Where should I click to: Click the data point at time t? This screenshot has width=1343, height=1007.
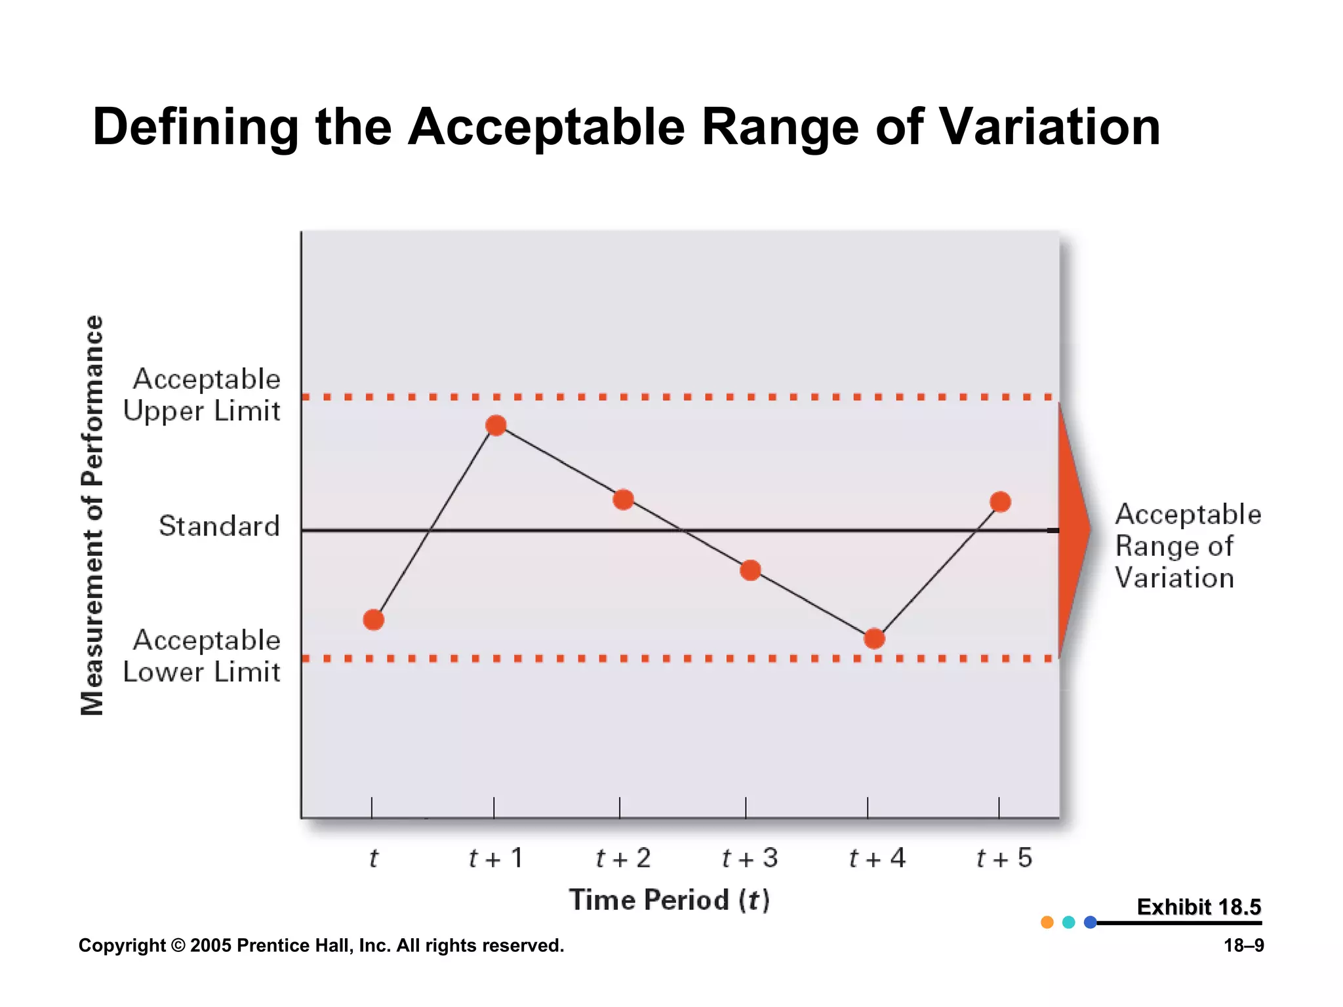[x=373, y=620]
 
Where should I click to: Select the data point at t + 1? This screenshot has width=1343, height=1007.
[x=496, y=425]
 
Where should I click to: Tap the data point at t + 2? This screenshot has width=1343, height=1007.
[x=623, y=500]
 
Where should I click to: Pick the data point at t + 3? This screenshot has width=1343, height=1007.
[x=750, y=570]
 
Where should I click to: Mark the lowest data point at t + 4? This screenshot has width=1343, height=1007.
[x=874, y=639]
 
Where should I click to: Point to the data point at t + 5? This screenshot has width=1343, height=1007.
[x=1000, y=502]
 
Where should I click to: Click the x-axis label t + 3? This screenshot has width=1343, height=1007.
[x=750, y=858]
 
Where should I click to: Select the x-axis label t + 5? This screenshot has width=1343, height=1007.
[x=1004, y=858]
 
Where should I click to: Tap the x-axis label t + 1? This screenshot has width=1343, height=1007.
[x=496, y=858]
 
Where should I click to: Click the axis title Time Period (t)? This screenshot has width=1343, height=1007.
[x=669, y=900]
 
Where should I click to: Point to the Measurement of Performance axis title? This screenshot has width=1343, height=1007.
[x=92, y=515]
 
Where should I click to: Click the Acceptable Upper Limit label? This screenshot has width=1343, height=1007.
[x=203, y=395]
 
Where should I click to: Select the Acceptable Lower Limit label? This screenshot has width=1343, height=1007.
[x=203, y=656]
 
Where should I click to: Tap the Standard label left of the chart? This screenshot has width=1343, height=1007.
[x=219, y=526]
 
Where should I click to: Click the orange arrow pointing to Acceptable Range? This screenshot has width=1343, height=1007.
[x=1073, y=530]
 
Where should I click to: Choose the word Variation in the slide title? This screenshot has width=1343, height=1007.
[x=1050, y=127]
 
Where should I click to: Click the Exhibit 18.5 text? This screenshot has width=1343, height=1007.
[x=1198, y=907]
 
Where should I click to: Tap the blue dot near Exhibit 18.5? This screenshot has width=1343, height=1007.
[x=1090, y=922]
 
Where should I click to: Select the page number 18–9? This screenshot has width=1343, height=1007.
[x=1243, y=945]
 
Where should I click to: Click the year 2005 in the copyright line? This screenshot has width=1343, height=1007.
[x=210, y=945]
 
